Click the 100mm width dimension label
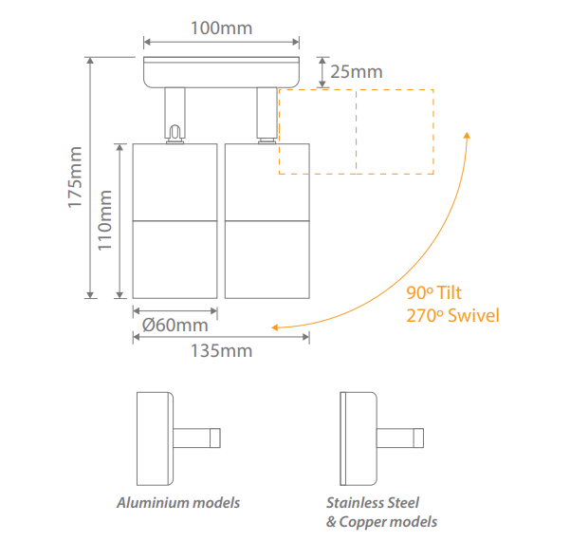coord(222,28)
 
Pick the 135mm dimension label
coord(222,350)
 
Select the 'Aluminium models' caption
coord(178,502)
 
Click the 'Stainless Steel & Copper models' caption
coord(381,512)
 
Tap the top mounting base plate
coord(222,72)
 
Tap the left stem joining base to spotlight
coord(175,114)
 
